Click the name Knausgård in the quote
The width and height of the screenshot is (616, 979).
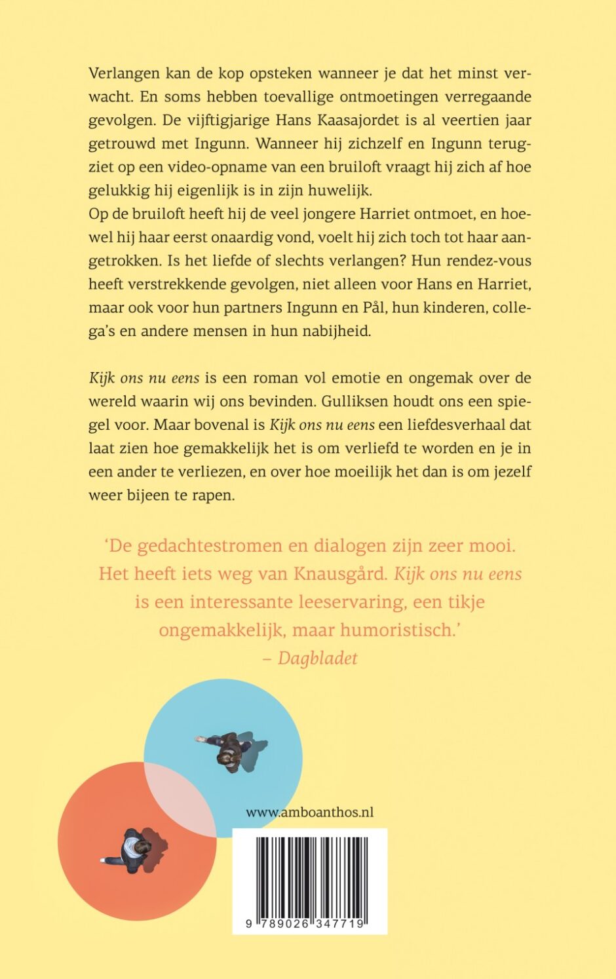pyautogui.click(x=340, y=574)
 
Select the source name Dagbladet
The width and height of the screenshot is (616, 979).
pyautogui.click(x=318, y=658)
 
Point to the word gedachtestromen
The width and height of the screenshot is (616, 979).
pyautogui.click(x=214, y=546)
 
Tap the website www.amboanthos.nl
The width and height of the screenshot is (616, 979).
pyautogui.click(x=310, y=813)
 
